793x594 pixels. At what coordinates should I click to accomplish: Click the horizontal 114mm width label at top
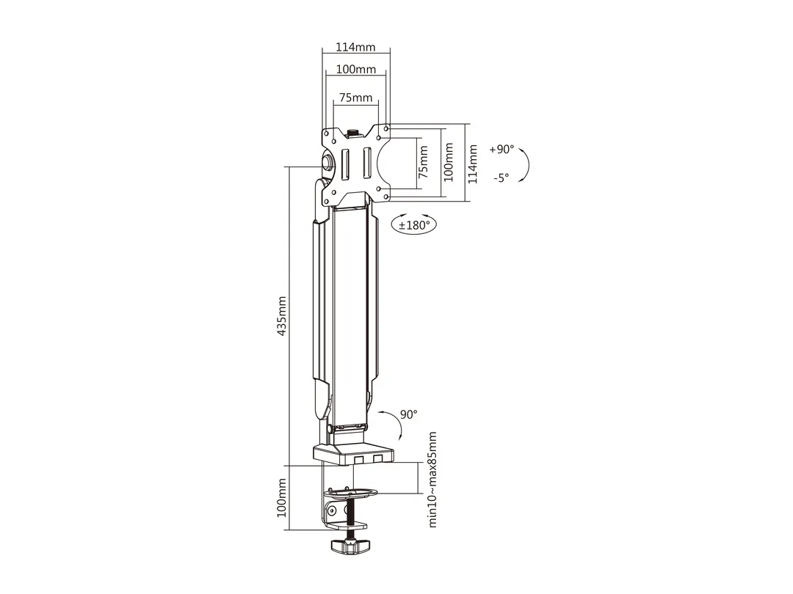point(355,47)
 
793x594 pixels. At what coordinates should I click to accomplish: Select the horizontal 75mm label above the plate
point(355,98)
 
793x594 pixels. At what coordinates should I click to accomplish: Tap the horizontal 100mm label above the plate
point(355,70)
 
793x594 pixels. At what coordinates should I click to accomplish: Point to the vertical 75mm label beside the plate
point(423,162)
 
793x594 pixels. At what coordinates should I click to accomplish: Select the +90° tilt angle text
point(501,149)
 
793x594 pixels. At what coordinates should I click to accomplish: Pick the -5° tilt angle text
point(501,177)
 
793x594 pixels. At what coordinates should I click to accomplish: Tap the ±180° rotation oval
point(413,224)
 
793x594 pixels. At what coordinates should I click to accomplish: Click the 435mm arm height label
point(282,316)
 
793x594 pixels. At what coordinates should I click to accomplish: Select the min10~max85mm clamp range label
point(432,479)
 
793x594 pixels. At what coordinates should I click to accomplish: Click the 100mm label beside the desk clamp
point(281,497)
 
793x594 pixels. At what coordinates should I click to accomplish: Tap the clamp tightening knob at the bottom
point(350,546)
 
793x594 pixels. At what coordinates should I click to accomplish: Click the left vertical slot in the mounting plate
point(342,163)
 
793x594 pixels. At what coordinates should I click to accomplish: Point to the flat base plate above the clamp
point(352,455)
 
